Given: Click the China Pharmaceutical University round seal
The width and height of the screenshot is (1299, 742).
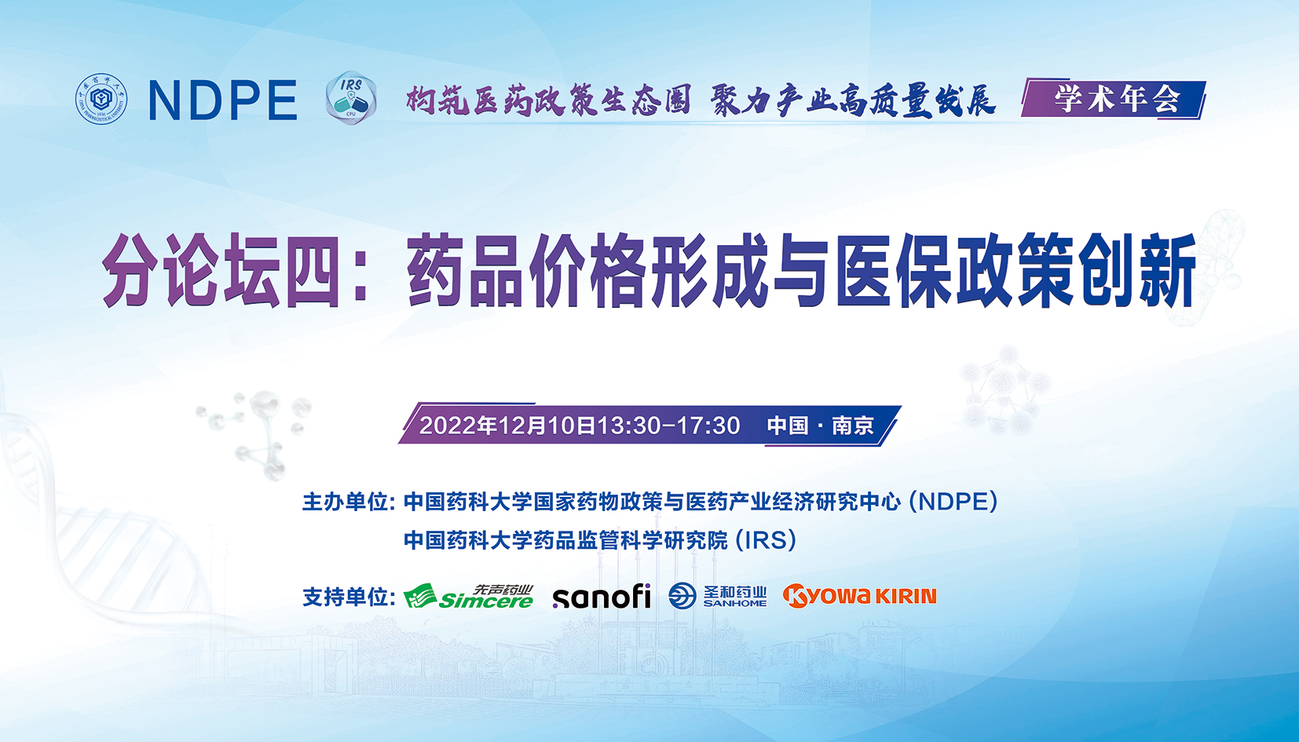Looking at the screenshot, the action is [x=101, y=99].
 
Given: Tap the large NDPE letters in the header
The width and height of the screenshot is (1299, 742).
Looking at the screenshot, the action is [x=223, y=101].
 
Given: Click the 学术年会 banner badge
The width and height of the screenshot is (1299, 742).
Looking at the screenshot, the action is [x=1114, y=99].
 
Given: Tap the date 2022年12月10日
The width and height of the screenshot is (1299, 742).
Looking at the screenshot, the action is [x=507, y=426].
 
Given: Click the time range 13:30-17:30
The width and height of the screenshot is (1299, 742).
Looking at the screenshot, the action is [x=668, y=426].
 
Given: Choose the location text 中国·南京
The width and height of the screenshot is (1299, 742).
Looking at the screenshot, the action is [x=820, y=426].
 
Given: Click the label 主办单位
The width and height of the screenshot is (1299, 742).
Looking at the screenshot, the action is [x=348, y=502].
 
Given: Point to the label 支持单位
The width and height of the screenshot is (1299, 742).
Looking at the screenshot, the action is [x=348, y=597].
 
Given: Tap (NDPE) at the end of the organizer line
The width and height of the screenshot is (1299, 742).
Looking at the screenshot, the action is [x=953, y=502].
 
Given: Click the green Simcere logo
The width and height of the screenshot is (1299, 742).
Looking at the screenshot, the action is [x=469, y=597].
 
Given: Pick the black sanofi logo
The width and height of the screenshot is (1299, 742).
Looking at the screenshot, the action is [x=602, y=597].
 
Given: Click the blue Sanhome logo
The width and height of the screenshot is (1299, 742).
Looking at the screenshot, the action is [x=717, y=596].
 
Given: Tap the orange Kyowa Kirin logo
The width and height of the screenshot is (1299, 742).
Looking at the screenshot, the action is [x=859, y=596].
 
